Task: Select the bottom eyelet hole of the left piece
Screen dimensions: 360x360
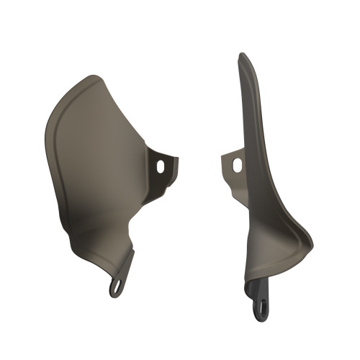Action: [114, 289]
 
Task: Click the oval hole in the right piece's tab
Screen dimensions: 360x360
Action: [237, 165]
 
